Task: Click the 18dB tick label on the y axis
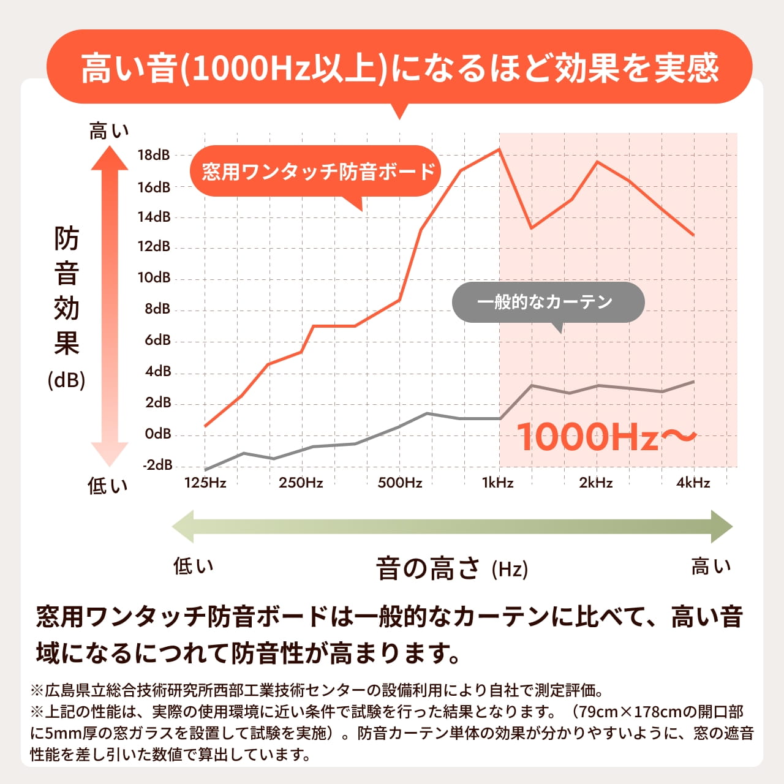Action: click(x=153, y=155)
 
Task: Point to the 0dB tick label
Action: click(x=157, y=434)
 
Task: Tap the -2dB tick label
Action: click(x=157, y=465)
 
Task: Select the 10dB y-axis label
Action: click(x=153, y=277)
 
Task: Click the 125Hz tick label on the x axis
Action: click(x=205, y=483)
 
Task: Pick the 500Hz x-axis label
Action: click(x=400, y=483)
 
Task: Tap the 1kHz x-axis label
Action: click(x=497, y=483)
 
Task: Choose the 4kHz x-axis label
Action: click(x=693, y=483)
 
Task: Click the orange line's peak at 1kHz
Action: click(x=499, y=149)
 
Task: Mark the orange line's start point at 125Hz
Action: click(x=205, y=426)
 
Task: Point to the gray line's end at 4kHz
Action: click(x=693, y=382)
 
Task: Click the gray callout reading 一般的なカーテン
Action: click(x=548, y=302)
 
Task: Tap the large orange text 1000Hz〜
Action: click(x=606, y=437)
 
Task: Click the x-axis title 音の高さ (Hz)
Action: click(x=451, y=568)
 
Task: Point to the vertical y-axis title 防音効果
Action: click(x=66, y=291)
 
